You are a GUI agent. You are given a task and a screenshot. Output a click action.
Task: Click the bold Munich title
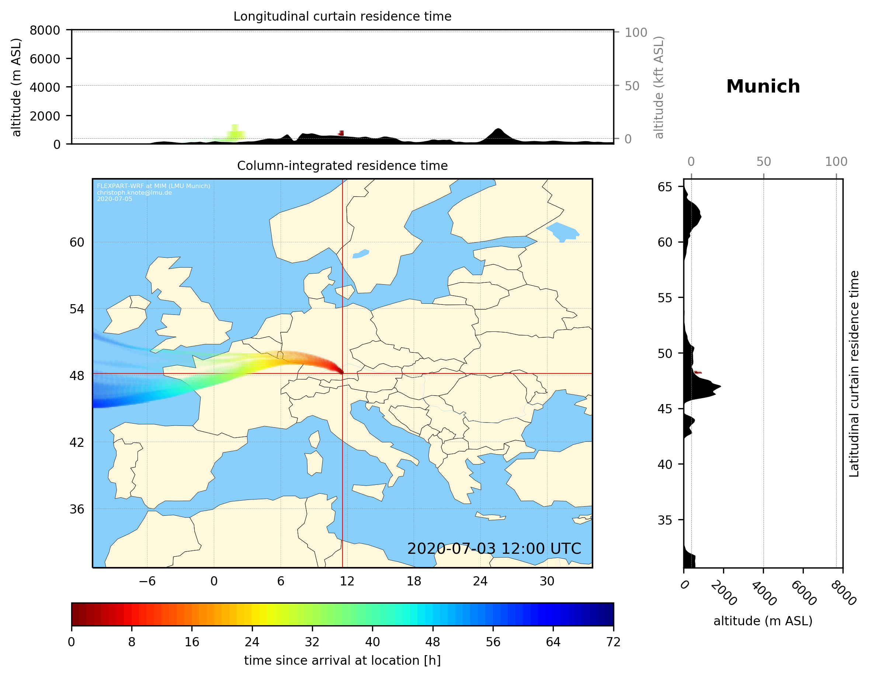(x=762, y=87)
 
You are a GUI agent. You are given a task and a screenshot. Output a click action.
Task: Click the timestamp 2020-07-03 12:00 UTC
(x=494, y=549)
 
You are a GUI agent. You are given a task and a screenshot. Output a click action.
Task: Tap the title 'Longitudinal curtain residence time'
(x=342, y=16)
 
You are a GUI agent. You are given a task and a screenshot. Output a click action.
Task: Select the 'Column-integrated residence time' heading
(x=342, y=166)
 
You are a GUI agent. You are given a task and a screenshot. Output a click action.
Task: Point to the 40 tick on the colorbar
(x=372, y=642)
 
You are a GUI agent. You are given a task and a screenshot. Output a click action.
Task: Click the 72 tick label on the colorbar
(x=613, y=642)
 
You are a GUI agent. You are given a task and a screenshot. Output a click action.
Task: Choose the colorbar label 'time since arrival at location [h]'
(x=342, y=660)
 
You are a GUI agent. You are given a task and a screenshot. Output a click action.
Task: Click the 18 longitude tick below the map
(x=414, y=581)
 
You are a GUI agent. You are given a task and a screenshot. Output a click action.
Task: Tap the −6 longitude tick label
(x=147, y=581)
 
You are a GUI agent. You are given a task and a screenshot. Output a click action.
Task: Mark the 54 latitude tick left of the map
(x=77, y=309)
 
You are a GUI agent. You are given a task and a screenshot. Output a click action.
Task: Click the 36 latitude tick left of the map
(x=77, y=509)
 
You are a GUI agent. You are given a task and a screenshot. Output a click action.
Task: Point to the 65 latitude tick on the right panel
(x=665, y=187)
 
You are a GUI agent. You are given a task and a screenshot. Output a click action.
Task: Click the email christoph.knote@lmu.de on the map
(x=134, y=192)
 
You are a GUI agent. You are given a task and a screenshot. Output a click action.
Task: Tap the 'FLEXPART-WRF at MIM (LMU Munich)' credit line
(x=153, y=186)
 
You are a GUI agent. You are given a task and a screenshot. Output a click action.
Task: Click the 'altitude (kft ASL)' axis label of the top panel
(x=659, y=87)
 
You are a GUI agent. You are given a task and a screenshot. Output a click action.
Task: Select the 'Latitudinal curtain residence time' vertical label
(x=854, y=373)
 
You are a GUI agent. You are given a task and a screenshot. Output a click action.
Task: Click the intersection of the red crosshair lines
(x=343, y=374)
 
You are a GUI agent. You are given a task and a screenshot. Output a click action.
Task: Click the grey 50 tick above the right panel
(x=763, y=162)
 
